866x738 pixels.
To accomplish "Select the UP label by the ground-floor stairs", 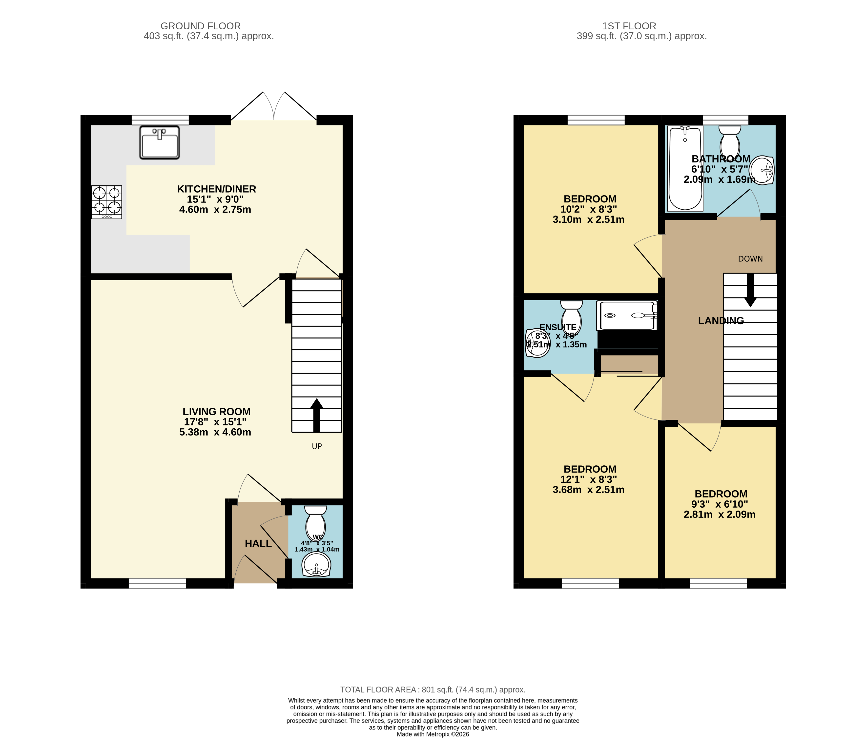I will (317, 446).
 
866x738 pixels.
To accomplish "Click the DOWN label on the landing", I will (750, 259).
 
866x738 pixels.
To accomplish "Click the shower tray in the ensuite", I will (627, 316).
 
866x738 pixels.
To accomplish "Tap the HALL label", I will (258, 543).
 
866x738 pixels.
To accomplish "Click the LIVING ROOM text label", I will (216, 412).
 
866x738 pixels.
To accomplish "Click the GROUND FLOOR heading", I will (201, 26).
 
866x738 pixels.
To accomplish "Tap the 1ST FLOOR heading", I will (629, 26).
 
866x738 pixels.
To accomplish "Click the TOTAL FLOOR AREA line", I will (433, 690).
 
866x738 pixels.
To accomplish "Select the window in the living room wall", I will (157, 583).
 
